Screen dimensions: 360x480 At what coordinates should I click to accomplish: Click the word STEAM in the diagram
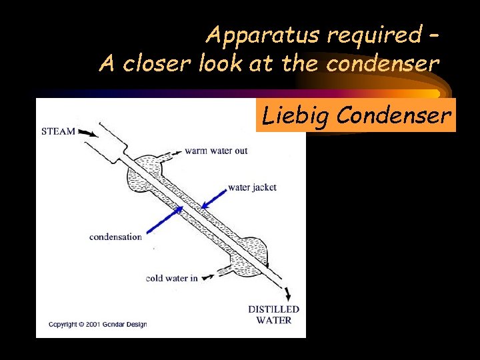tap(58, 131)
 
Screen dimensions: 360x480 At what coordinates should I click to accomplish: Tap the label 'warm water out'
tap(216, 151)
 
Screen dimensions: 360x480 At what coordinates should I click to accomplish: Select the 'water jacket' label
tap(252, 187)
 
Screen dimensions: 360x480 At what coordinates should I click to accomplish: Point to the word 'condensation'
tap(115, 237)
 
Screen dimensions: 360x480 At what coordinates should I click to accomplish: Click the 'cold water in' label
tap(171, 278)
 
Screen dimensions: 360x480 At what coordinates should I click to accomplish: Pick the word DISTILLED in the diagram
tap(273, 309)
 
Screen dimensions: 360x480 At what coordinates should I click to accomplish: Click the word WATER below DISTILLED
tap(273, 320)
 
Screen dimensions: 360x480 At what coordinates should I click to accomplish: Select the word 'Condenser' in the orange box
tap(394, 116)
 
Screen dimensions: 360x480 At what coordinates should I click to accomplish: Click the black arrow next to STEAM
tap(87, 133)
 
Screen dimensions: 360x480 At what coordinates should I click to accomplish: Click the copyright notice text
tap(97, 325)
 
